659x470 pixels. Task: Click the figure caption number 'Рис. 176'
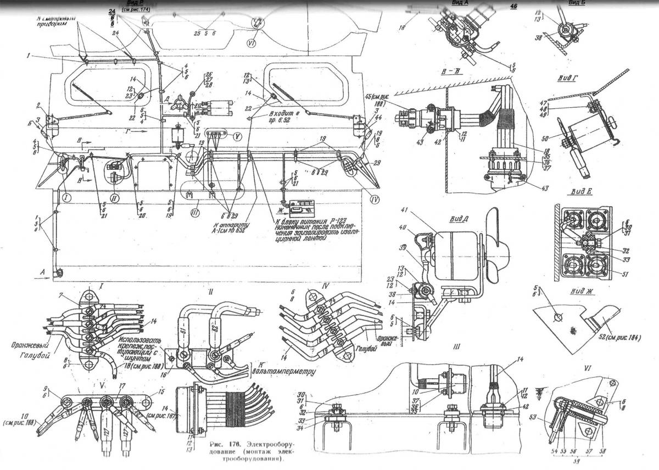pyautogui.click(x=226, y=443)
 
